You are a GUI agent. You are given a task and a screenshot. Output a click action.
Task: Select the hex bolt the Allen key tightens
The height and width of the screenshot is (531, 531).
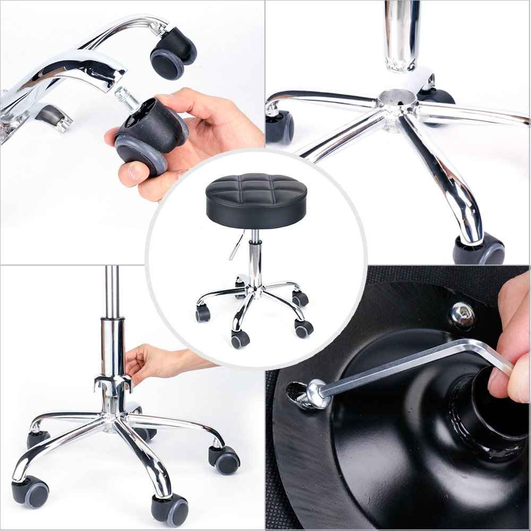click(313, 393)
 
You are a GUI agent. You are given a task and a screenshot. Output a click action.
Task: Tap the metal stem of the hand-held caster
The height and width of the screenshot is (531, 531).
click(125, 98)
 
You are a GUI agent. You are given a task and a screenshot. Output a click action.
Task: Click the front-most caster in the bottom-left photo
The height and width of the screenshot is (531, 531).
click(170, 507)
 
